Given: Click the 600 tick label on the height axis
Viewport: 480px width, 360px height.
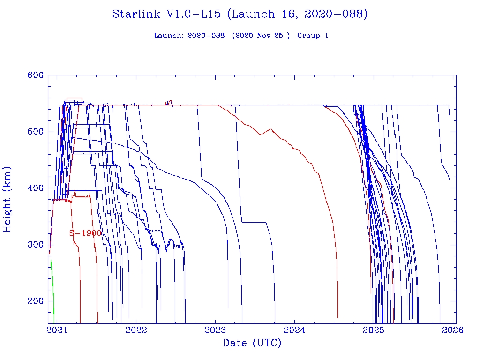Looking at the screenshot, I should [x=35, y=75].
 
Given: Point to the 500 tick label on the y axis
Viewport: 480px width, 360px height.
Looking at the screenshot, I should [x=35, y=131].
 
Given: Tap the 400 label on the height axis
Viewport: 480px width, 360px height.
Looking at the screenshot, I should [x=35, y=188].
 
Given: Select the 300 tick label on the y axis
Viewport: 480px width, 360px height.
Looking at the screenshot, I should [x=35, y=245].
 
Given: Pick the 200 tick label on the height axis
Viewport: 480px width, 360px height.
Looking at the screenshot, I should [x=35, y=301].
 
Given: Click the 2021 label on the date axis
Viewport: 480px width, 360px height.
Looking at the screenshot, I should [x=57, y=330].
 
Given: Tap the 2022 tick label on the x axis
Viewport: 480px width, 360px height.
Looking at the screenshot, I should [x=136, y=330].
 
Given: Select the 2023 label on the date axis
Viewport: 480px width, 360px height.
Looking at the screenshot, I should [x=215, y=330].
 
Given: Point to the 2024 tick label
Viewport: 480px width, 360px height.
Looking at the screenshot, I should [x=295, y=330].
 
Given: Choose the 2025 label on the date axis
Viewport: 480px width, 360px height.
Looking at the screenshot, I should [x=374, y=330].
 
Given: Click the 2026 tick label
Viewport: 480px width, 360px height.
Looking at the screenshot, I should [x=453, y=330].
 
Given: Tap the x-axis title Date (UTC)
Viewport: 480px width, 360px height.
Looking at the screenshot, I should [x=252, y=344].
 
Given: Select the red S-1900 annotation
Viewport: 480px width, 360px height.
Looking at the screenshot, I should [x=85, y=233].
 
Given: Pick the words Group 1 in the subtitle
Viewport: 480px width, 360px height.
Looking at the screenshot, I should [x=313, y=36].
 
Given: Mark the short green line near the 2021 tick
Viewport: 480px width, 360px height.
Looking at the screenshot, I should [x=52, y=286].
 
